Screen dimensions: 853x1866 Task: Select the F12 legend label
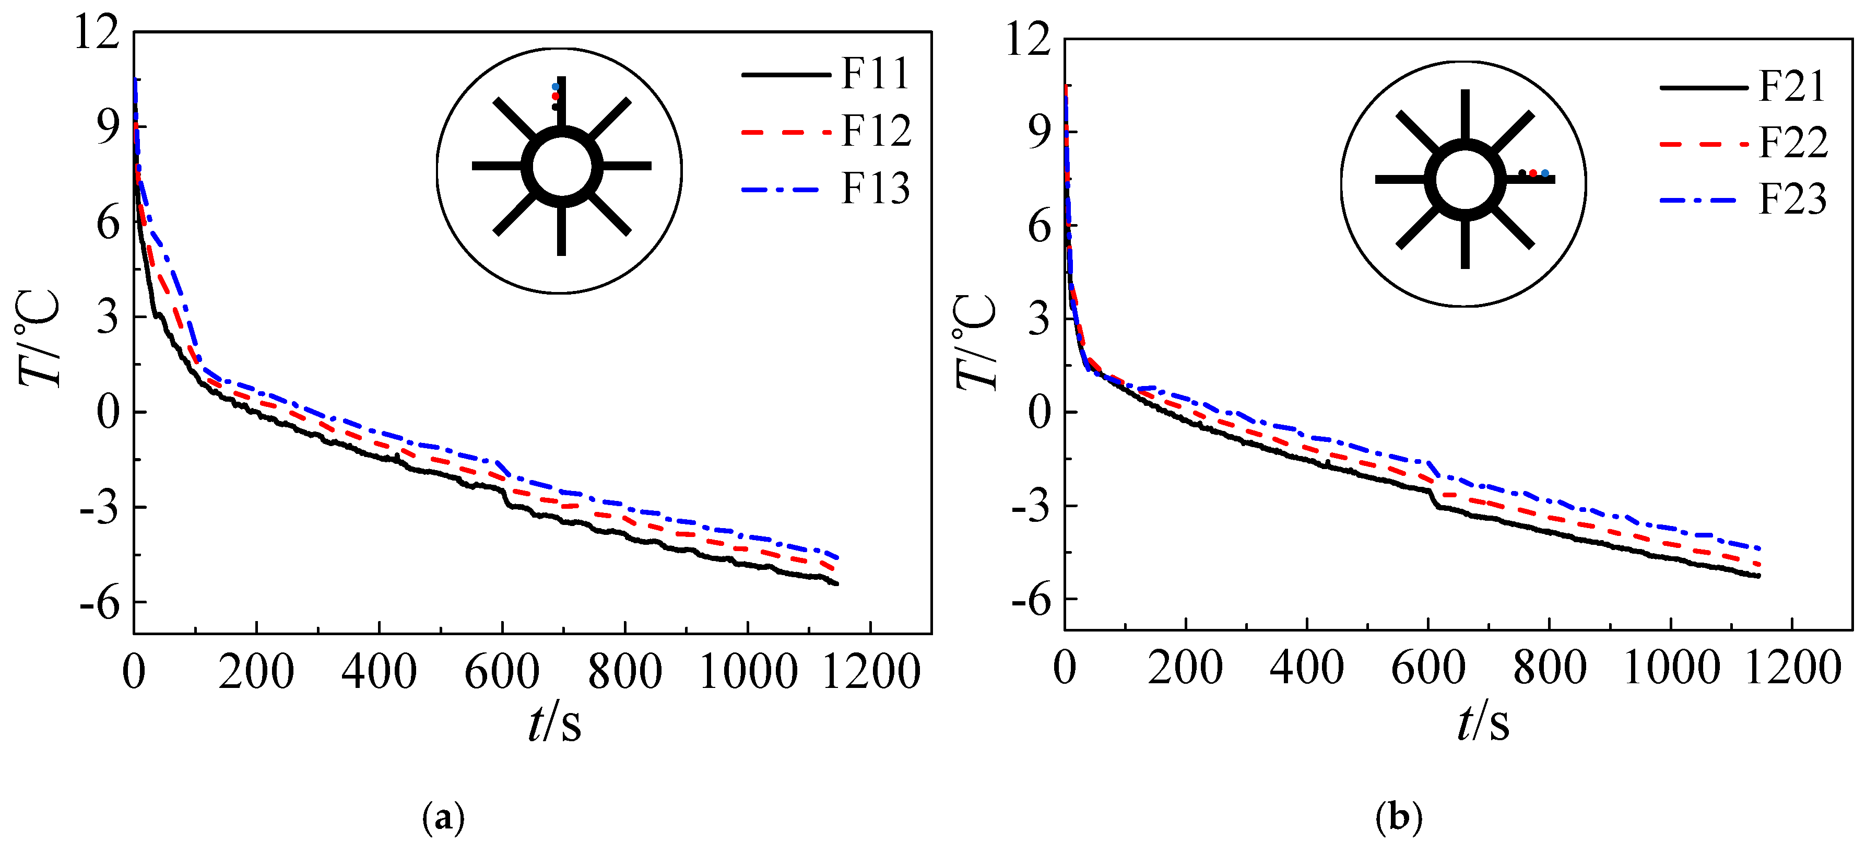tap(876, 131)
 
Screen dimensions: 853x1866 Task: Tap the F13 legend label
tap(875, 189)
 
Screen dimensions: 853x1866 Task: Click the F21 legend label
tap(1792, 86)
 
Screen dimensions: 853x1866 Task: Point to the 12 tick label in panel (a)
tap(97, 32)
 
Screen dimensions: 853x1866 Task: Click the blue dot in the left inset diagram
tap(556, 87)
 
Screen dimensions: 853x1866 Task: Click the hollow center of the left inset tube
tap(561, 167)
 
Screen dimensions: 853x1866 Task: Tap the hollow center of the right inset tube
tap(1465, 180)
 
